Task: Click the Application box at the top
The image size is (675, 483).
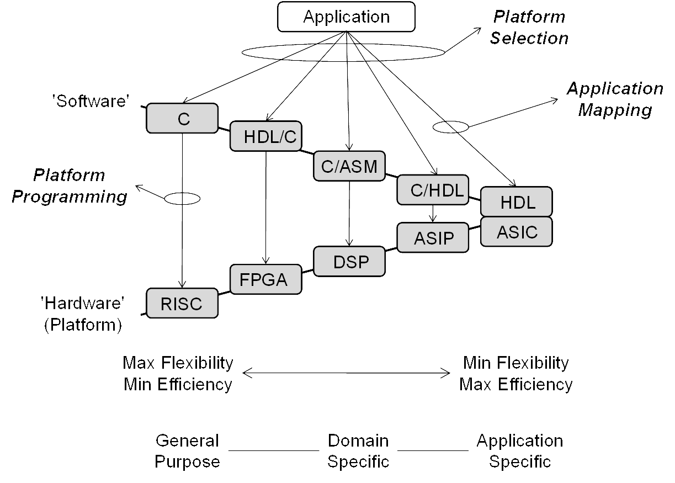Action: tap(346, 17)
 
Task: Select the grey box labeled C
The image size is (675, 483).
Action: tap(183, 119)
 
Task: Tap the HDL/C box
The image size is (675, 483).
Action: tap(266, 136)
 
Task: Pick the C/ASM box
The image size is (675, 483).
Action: tap(349, 166)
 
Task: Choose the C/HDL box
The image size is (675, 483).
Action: tap(432, 190)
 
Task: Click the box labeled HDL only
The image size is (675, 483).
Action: tap(517, 202)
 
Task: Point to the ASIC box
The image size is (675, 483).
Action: tap(517, 232)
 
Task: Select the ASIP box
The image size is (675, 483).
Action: tap(433, 238)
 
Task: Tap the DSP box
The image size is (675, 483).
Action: tap(349, 261)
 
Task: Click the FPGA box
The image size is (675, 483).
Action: tap(266, 279)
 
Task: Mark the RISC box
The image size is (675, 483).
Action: tap(182, 303)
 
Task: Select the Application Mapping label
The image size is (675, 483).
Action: tap(614, 99)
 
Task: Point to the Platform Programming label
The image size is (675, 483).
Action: tap(70, 186)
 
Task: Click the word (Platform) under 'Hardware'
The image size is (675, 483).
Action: tap(82, 325)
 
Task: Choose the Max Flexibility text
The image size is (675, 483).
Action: tap(178, 363)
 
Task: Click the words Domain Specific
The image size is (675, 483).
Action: tap(358, 450)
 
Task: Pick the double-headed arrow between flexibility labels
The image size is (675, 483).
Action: tap(347, 374)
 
